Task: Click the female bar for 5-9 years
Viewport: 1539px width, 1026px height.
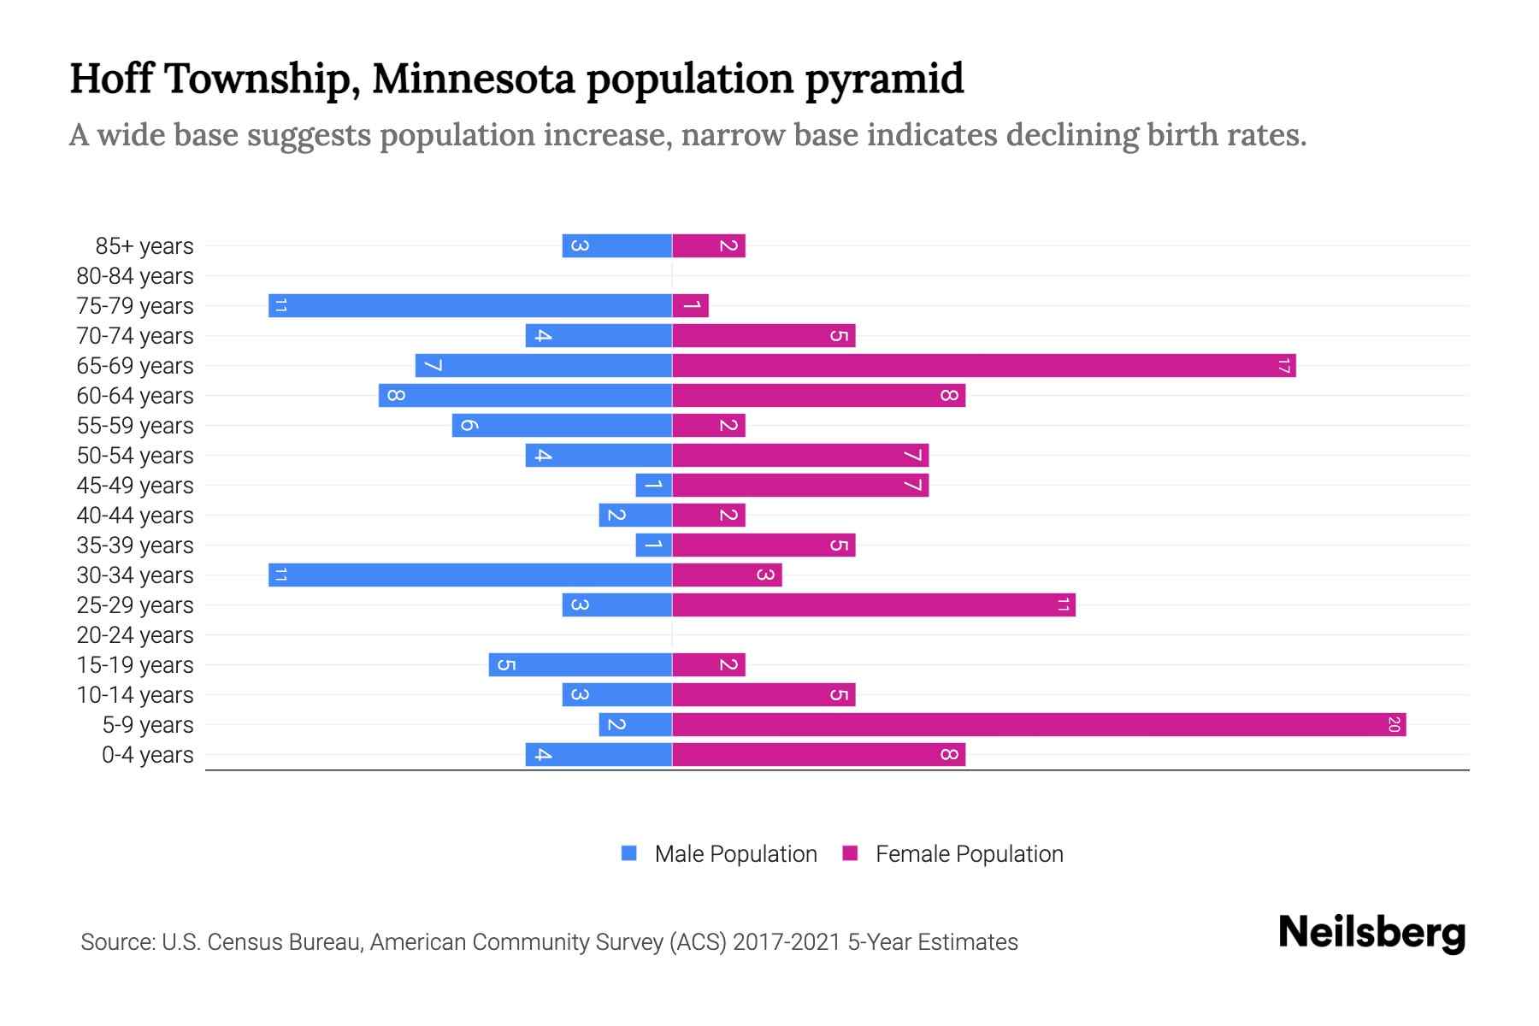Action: (x=1039, y=725)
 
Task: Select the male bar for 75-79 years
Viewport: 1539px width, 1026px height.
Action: (x=470, y=306)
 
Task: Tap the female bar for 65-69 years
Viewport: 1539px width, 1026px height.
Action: (x=983, y=366)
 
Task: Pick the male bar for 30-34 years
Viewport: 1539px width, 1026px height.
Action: (x=470, y=575)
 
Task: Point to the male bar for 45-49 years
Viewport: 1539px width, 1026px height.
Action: (x=654, y=486)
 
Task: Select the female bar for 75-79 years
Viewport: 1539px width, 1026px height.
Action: (x=691, y=306)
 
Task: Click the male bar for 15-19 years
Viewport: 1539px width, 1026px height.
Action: (x=581, y=665)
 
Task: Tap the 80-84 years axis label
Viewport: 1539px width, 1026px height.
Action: (x=135, y=276)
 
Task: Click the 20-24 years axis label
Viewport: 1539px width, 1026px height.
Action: (x=135, y=635)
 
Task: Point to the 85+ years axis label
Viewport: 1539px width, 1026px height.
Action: (x=144, y=246)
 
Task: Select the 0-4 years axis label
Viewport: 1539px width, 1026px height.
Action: (x=147, y=755)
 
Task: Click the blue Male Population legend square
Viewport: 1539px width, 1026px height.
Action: (x=629, y=853)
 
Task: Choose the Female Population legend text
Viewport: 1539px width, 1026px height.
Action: (x=969, y=854)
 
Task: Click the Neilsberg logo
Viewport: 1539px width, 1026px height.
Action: (x=1371, y=933)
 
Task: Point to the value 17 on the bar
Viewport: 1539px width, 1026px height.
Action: (x=1283, y=366)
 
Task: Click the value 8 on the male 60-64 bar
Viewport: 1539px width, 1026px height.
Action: (x=395, y=396)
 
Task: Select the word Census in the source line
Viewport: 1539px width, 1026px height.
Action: (x=245, y=942)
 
